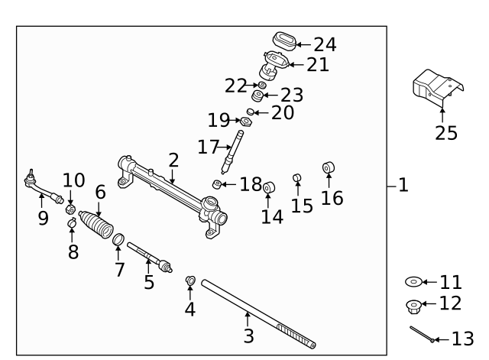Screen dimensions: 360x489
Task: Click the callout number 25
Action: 446,133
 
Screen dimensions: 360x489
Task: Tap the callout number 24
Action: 324,45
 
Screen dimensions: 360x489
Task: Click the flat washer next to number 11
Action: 413,282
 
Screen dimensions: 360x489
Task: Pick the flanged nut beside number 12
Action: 413,306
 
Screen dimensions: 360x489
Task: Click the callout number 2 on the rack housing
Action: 173,160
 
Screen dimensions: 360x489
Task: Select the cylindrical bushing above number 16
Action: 329,168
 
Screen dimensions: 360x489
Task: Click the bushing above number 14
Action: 269,188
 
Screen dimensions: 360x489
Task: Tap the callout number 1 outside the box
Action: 403,184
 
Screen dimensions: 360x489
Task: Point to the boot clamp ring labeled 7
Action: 119,242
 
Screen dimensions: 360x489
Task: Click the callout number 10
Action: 73,180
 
